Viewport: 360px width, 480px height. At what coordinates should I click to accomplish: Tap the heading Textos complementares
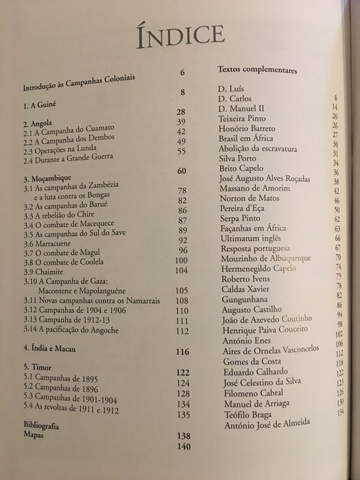[x=256, y=70]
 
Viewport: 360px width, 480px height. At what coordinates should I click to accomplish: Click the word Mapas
[x=35, y=435]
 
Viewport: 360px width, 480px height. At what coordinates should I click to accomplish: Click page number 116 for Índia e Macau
[x=181, y=353]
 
